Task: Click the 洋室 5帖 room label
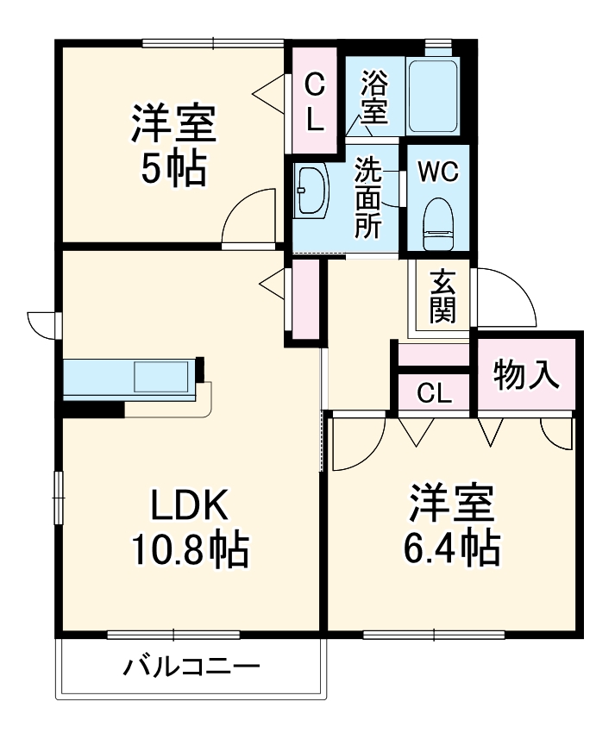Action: coord(173,145)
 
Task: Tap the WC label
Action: coord(438,171)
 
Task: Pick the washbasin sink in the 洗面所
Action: coord(311,191)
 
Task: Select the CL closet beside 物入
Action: coord(435,393)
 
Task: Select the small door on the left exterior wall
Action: coord(41,324)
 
